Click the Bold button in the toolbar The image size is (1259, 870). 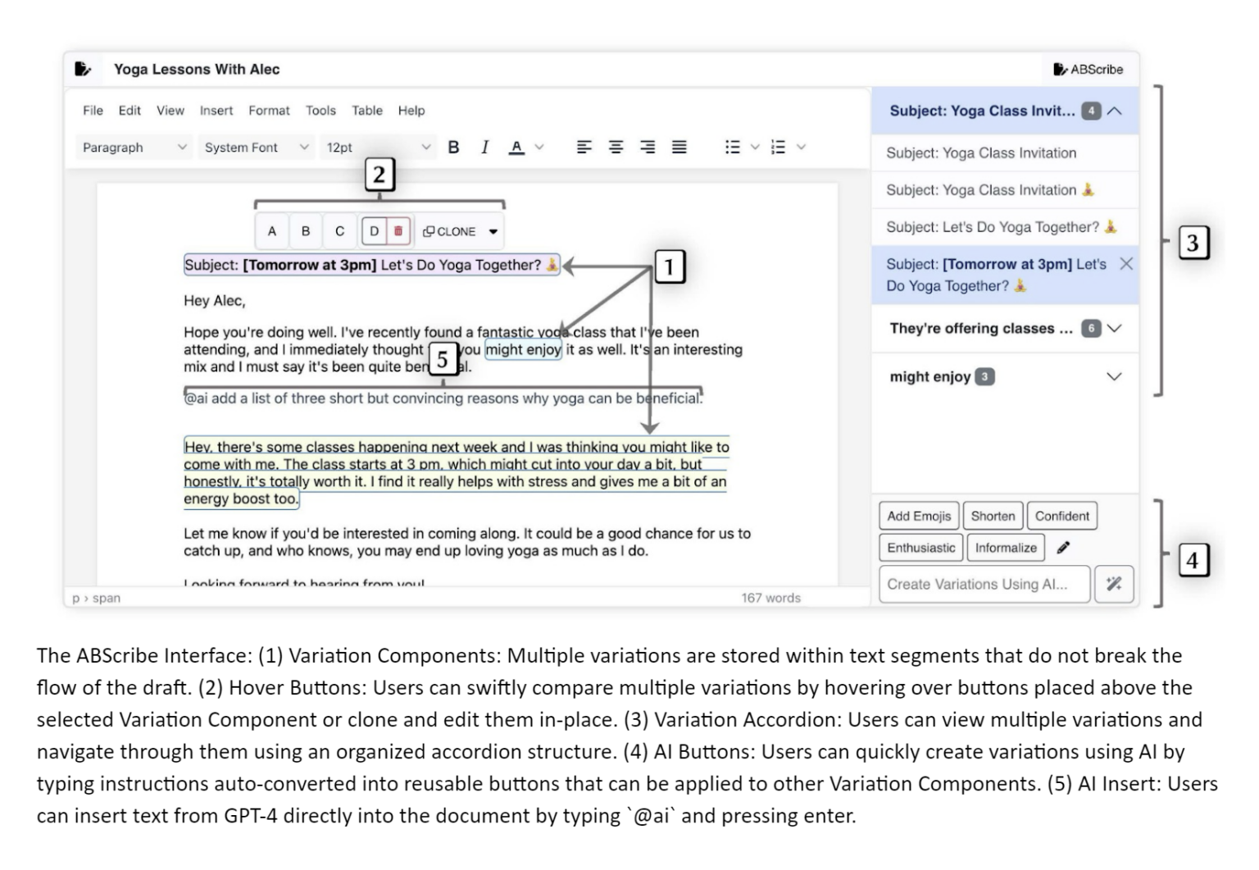453,148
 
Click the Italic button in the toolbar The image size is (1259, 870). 484,148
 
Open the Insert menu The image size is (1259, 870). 216,111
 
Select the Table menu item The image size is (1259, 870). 366,111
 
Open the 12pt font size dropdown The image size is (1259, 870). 377,148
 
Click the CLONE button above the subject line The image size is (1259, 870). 450,232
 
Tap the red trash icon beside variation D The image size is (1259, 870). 398,231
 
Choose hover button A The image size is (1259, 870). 272,232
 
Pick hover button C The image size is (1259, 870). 339,232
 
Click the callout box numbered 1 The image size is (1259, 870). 669,266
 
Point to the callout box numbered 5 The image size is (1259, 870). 443,359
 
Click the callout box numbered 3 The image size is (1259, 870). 1193,243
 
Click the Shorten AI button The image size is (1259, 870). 993,517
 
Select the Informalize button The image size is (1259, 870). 1006,548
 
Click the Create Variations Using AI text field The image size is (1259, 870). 984,585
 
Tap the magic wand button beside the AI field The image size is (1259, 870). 1114,585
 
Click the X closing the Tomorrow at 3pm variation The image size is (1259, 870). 1126,264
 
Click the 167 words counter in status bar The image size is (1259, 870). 770,599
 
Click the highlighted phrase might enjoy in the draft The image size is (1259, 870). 523,350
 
